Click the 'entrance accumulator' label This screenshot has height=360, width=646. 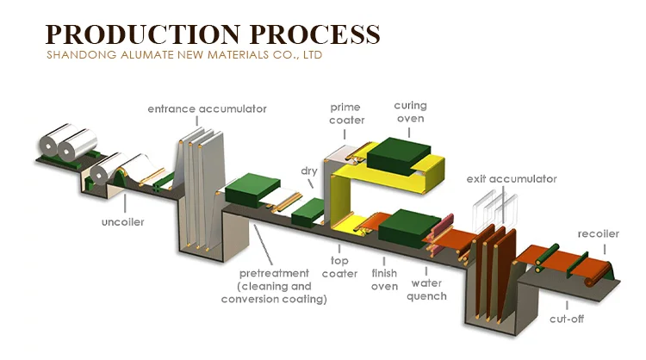tap(207, 109)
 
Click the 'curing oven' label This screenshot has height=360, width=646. tap(410, 111)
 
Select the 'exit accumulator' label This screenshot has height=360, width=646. tap(512, 179)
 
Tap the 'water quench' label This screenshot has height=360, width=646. tap(428, 289)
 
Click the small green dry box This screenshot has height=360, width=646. tap(307, 211)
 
